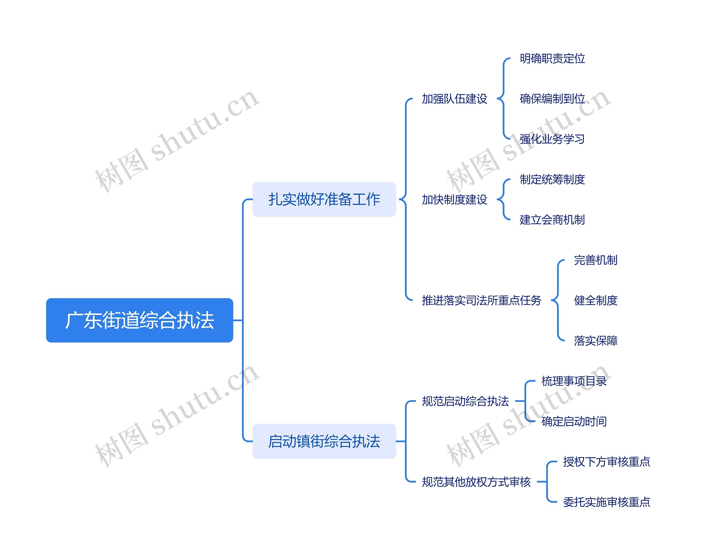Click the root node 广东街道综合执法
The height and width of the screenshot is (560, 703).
click(140, 320)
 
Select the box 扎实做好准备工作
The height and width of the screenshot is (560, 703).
click(324, 199)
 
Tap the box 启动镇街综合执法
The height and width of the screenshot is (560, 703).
click(324, 441)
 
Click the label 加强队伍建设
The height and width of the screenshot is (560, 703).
click(454, 99)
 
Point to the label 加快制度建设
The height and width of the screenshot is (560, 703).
click(454, 199)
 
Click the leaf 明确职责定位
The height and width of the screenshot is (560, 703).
click(552, 58)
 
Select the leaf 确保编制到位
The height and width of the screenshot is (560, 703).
click(552, 99)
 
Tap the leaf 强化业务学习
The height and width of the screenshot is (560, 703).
click(552, 139)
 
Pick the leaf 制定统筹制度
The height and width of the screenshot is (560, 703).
click(552, 179)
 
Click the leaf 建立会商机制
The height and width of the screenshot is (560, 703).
click(552, 219)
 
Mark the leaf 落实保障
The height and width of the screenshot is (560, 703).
click(595, 340)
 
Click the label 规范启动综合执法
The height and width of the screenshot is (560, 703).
click(465, 401)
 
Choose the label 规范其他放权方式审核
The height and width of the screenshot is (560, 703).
click(476, 481)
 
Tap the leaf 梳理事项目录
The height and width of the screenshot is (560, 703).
click(574, 381)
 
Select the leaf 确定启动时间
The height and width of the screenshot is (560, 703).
click(574, 421)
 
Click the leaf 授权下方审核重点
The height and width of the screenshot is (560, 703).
click(607, 461)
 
